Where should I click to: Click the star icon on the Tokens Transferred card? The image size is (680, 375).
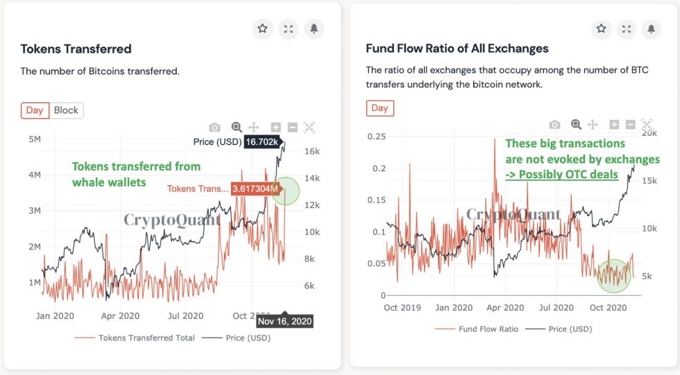click(262, 29)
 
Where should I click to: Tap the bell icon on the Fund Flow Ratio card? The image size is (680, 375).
click(652, 29)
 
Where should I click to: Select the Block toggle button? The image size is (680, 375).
click(66, 110)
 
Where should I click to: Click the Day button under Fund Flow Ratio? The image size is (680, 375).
click(380, 108)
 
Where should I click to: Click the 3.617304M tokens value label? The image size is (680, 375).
click(255, 189)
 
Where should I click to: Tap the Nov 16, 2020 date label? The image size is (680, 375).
click(284, 322)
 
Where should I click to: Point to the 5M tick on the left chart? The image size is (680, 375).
click(33, 139)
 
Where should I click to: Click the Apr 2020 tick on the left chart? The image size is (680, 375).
click(120, 316)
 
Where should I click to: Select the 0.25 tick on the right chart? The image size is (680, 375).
click(376, 137)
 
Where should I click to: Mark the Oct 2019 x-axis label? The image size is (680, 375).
click(401, 308)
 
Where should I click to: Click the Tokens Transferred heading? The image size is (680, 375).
click(76, 49)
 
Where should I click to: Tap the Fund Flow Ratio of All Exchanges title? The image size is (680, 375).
click(457, 49)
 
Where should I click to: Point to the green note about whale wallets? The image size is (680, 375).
click(136, 174)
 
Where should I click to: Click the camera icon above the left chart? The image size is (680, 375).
click(215, 127)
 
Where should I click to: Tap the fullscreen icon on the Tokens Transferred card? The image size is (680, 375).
click(288, 29)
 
